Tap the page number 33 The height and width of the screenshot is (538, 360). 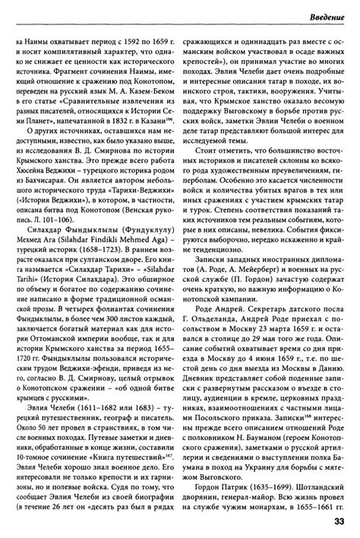pyautogui.click(x=342, y=521)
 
